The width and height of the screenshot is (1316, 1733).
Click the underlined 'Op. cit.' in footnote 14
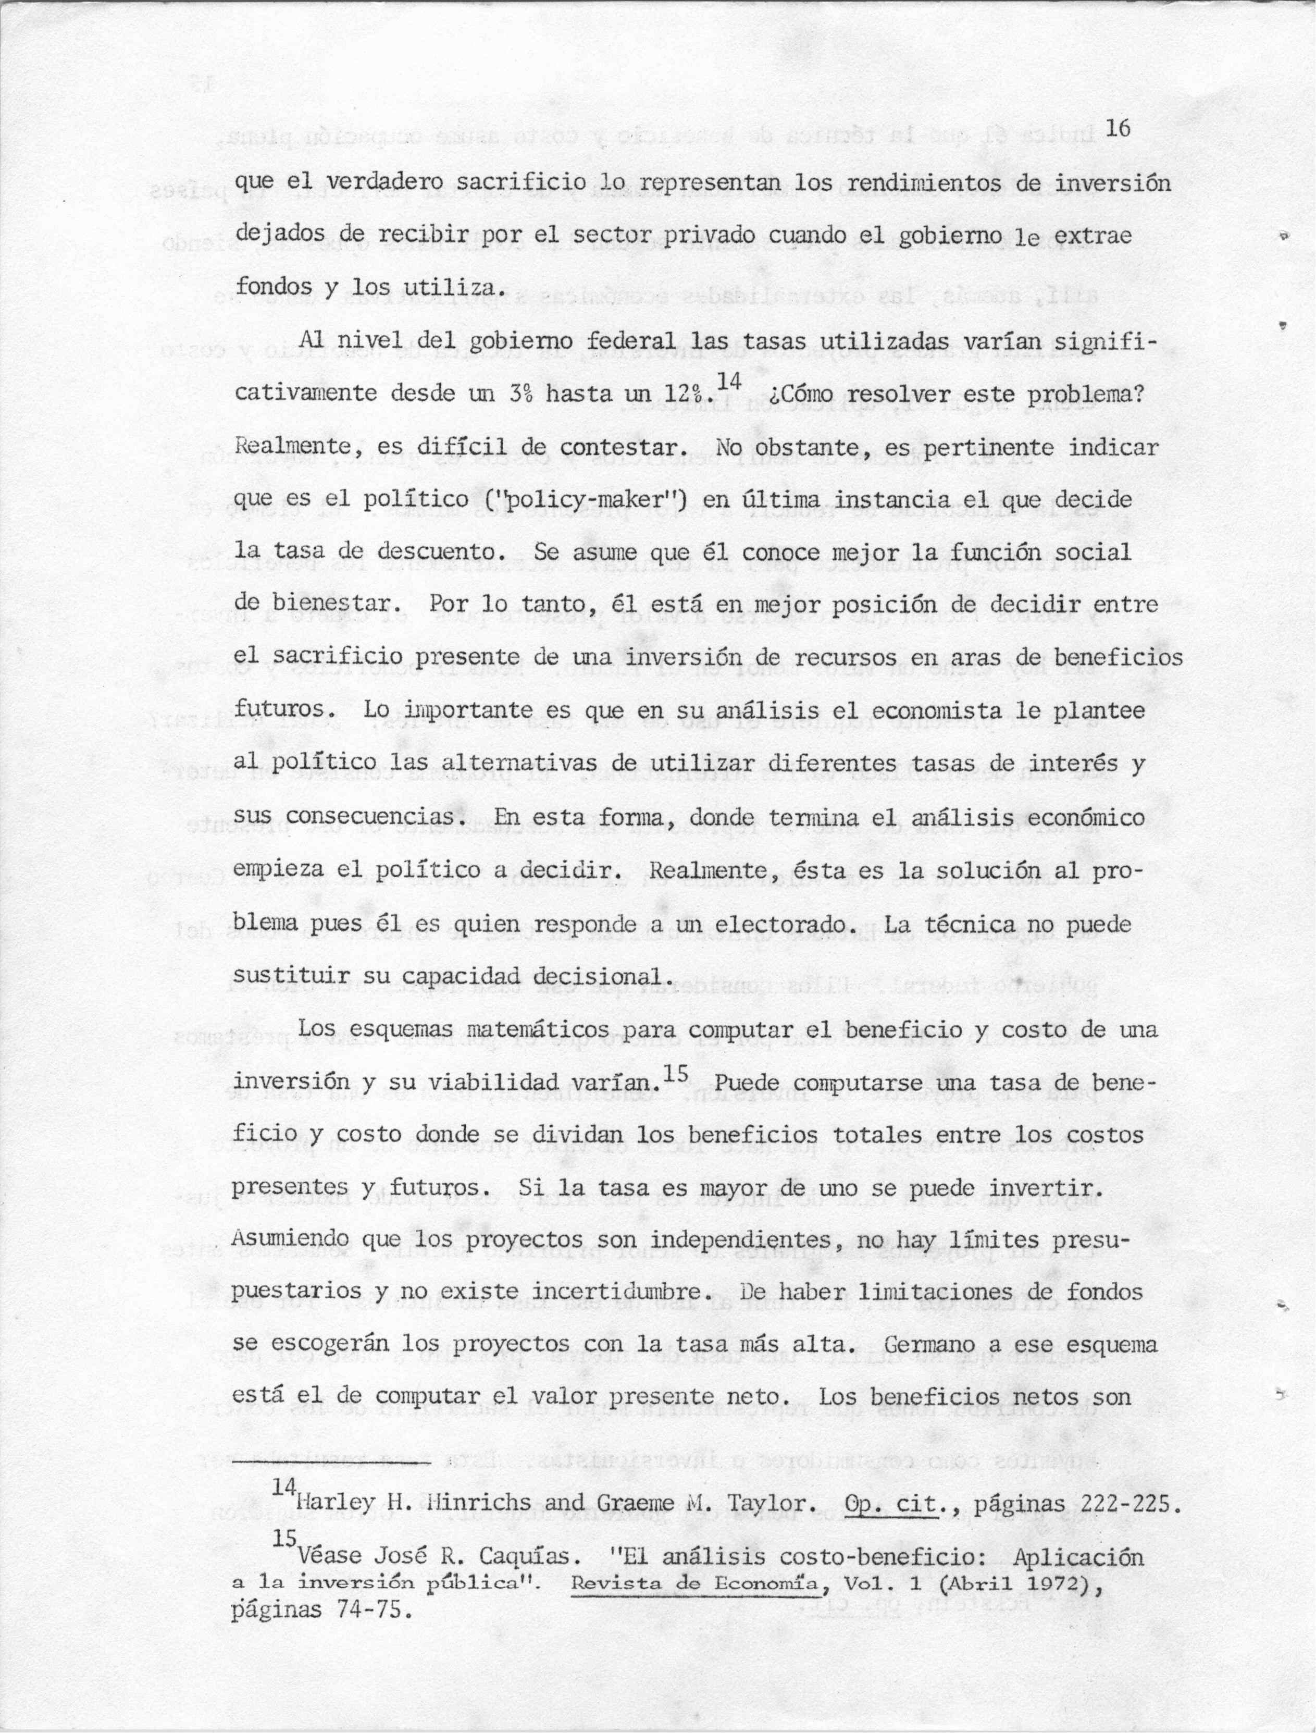click(892, 1504)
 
